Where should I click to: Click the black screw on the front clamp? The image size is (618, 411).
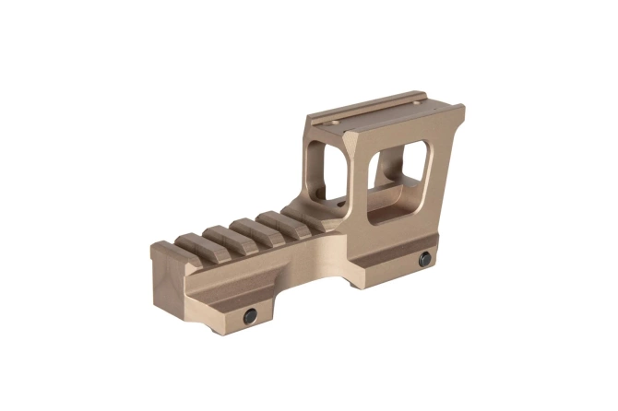pos(250,316)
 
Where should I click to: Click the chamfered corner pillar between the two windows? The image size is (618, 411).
pos(358,175)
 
